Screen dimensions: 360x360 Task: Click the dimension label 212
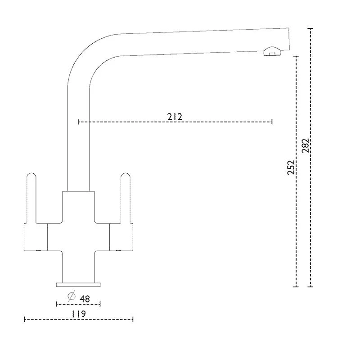(175, 117)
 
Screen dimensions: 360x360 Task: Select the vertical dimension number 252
(291, 167)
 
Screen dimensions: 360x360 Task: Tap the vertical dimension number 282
(306, 146)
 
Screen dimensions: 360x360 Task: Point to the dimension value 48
(84, 298)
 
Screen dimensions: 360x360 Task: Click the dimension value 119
(78, 313)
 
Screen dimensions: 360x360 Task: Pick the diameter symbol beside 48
(71, 297)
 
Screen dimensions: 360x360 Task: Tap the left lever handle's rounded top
(31, 176)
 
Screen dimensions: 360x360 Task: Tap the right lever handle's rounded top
(126, 176)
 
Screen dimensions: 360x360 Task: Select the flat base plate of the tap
(78, 284)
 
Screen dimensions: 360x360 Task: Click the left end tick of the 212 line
(79, 121)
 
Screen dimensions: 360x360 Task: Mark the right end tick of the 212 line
(272, 121)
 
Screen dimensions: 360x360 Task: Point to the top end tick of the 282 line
(310, 28)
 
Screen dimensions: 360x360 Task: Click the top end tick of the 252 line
(296, 56)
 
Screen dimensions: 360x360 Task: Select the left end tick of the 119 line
(24, 319)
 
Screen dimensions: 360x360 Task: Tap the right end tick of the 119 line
(133, 319)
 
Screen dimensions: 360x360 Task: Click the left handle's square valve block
(35, 236)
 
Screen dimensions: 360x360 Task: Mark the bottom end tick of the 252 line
(296, 286)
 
